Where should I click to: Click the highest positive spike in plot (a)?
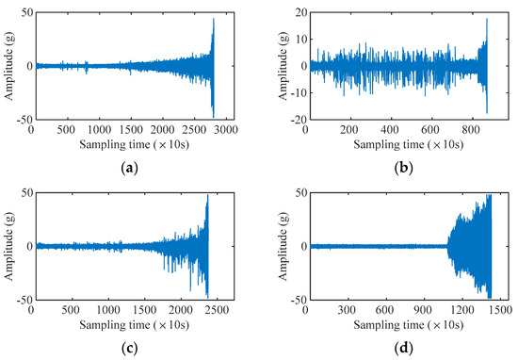point(213,19)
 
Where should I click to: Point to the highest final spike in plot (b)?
point(486,20)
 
